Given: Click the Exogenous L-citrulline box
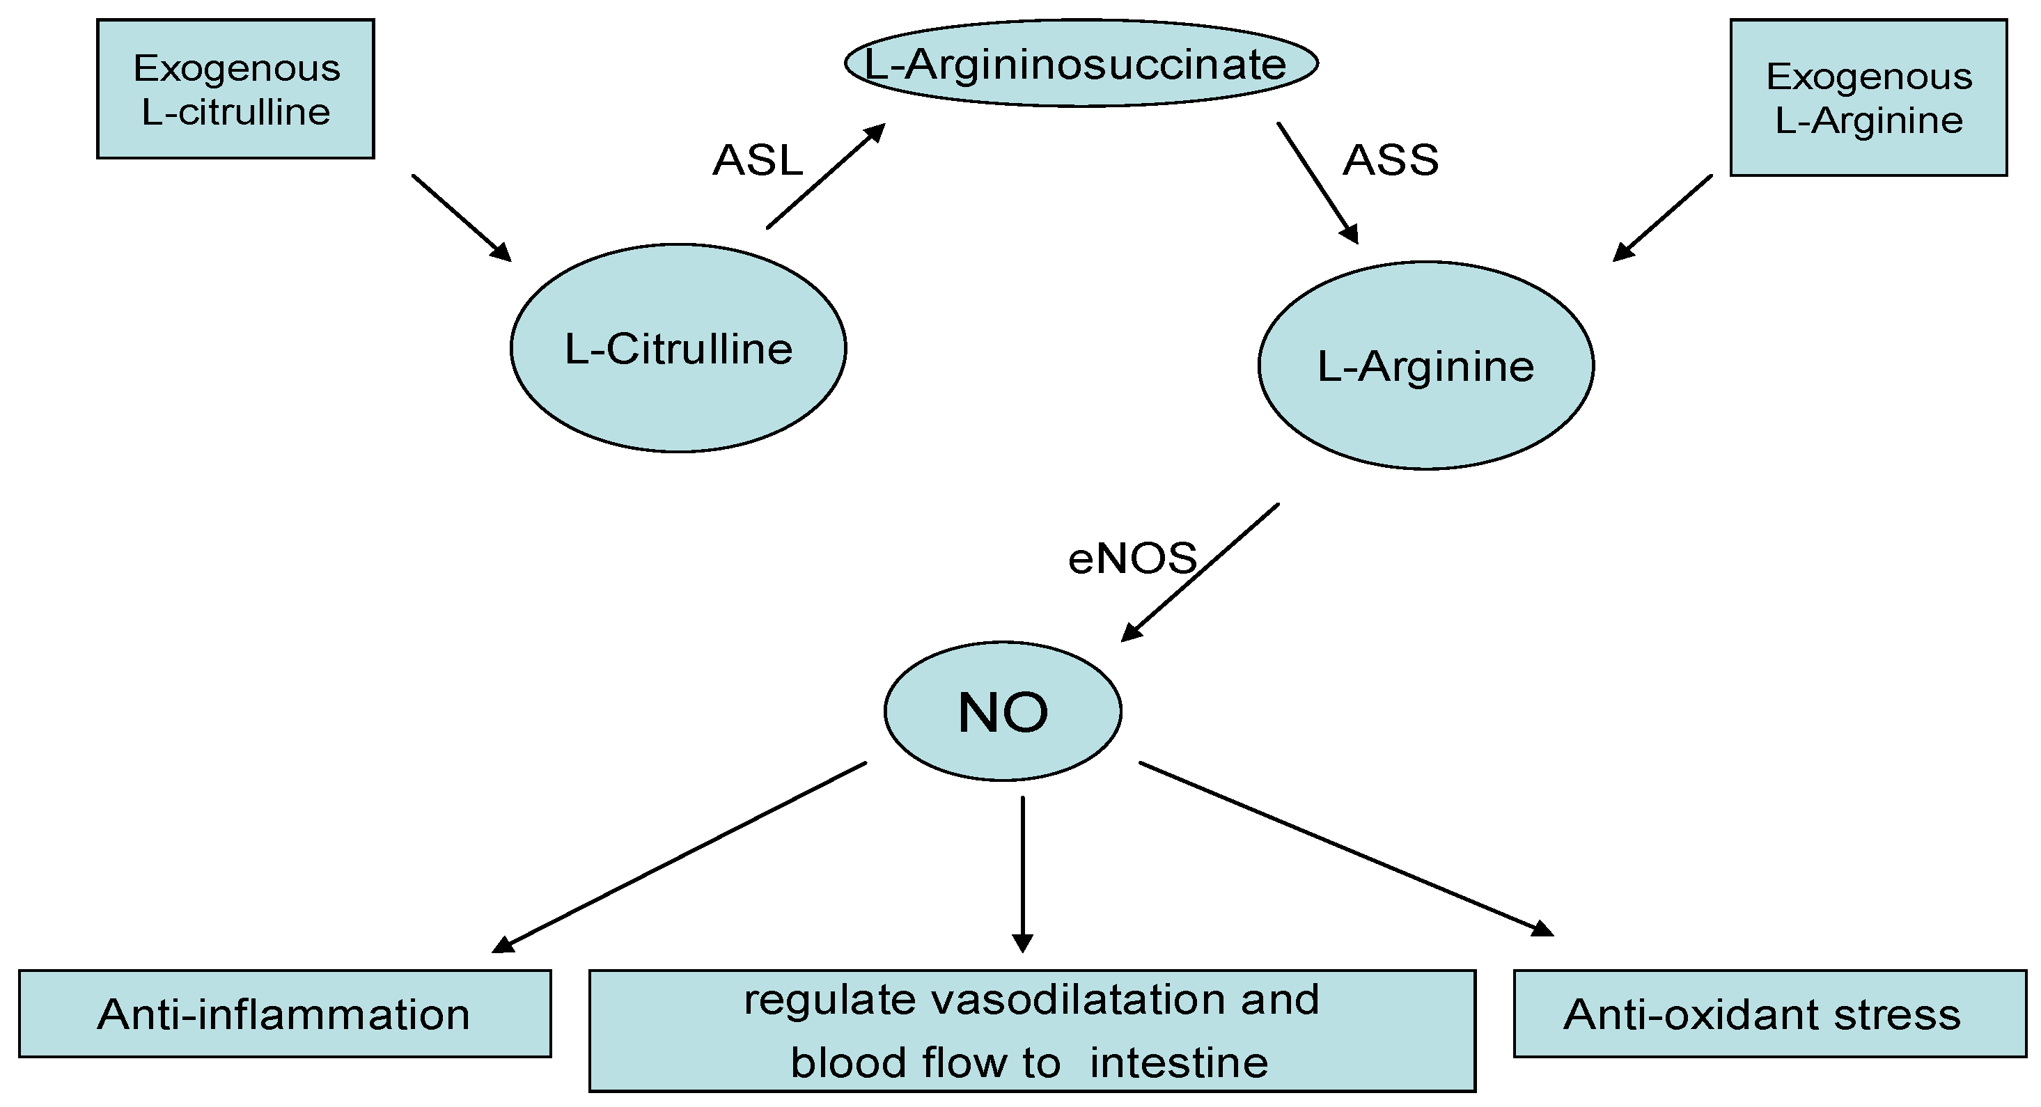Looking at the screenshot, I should point(235,88).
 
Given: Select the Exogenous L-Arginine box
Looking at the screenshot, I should point(1868,97).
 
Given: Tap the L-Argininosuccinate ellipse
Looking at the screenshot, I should point(1081,63).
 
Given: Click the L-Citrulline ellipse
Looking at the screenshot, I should point(678,349).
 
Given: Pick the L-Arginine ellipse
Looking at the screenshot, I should point(1425,366).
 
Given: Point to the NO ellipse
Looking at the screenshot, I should point(1002,712).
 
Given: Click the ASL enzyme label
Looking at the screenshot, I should point(758,160).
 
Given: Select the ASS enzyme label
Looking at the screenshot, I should point(1391,160).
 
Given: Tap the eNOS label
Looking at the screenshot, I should point(1132,558).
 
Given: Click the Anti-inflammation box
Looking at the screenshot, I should point(284,1014).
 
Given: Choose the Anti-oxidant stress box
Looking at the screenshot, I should point(1769,1014).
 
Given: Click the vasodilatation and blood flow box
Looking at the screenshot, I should point(1031,1030).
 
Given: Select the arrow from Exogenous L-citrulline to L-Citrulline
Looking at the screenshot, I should point(461,218).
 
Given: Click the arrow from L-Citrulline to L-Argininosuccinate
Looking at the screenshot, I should point(826,176).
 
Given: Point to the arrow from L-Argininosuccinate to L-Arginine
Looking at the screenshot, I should point(1317,183).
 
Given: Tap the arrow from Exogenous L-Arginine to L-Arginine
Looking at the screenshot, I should point(1662,218).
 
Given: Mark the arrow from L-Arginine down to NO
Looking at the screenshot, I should point(1201,573).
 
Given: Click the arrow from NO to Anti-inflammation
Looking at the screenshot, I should point(679,856).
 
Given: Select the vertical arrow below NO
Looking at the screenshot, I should point(1023,872).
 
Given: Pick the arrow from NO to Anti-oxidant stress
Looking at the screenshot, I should point(1346,849).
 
